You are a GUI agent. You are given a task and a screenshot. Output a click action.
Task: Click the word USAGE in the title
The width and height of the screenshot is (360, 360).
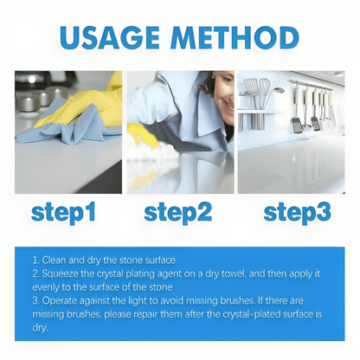(110, 38)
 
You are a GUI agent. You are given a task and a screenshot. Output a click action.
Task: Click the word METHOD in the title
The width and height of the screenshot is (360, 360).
(235, 38)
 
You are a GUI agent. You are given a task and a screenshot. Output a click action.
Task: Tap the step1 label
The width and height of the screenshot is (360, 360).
(63, 213)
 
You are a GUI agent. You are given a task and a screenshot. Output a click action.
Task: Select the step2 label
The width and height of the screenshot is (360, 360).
(178, 213)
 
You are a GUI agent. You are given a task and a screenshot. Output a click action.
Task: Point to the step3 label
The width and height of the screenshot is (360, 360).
(297, 213)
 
